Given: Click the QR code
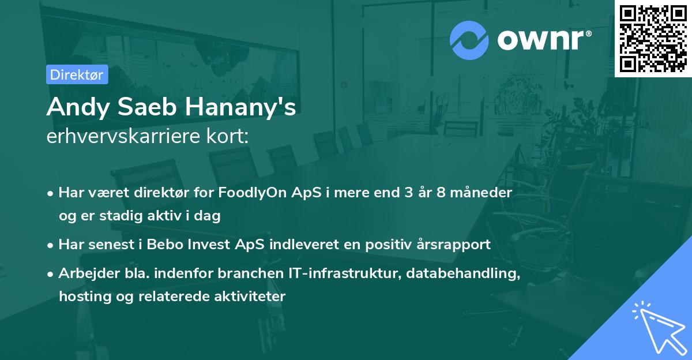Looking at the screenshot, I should (x=653, y=38).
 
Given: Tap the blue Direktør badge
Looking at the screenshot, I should (x=77, y=74).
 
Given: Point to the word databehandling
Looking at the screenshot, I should (x=463, y=273).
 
